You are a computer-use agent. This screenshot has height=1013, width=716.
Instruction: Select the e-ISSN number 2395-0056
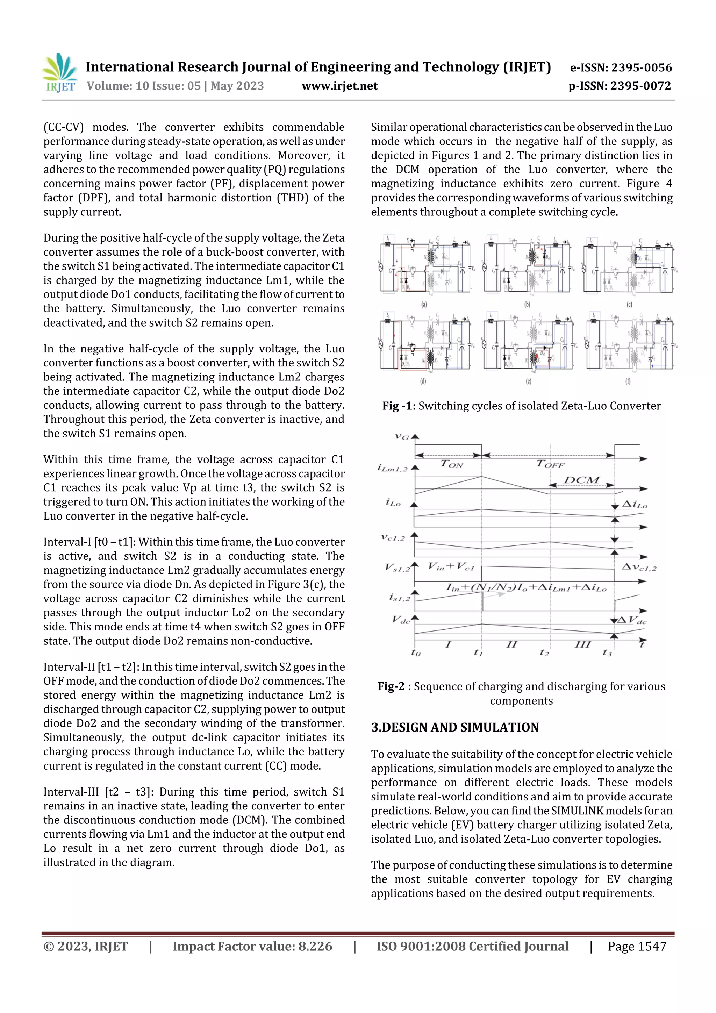tap(641, 67)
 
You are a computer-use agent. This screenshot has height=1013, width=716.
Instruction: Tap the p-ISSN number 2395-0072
tap(640, 86)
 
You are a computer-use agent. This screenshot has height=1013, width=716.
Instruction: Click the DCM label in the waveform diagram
tap(581, 480)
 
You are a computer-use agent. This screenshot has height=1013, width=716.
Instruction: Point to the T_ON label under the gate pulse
tap(452, 464)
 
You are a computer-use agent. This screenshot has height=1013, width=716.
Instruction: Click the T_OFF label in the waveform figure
tap(550, 464)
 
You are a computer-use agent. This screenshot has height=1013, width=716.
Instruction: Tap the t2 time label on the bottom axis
tap(544, 652)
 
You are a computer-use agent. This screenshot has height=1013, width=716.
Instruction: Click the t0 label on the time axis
tap(416, 652)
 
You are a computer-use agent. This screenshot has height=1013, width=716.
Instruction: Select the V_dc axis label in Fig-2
tap(401, 620)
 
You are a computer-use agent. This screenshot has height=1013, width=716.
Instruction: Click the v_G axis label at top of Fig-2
tap(401, 437)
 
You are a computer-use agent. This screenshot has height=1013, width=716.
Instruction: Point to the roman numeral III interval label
tap(582, 644)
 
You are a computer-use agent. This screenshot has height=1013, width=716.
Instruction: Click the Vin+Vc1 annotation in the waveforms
tap(451, 566)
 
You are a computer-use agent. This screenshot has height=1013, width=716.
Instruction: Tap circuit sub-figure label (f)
tap(628, 381)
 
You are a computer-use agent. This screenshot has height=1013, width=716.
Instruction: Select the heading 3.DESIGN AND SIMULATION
tap(455, 728)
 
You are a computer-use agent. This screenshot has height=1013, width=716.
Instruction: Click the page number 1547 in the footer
tap(652, 946)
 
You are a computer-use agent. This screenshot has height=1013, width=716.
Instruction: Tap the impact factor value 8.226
tap(315, 946)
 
